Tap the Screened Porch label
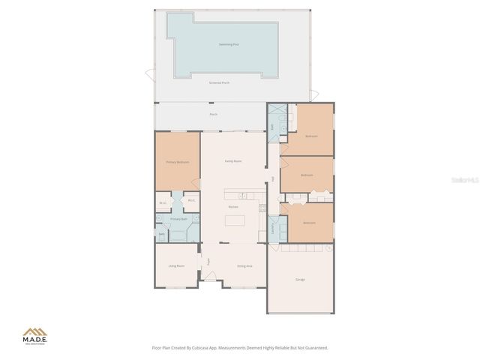[219, 81]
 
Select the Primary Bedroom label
[177, 162]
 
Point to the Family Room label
[233, 161]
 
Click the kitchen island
[234, 221]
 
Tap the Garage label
[300, 280]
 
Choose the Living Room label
[176, 265]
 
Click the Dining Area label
[244, 265]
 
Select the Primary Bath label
[178, 219]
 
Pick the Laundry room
[272, 228]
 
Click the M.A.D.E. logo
[35, 335]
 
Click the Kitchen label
[233, 207]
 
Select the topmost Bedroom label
[311, 136]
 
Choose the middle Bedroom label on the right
[306, 175]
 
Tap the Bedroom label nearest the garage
[309, 223]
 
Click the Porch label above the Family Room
[213, 114]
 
